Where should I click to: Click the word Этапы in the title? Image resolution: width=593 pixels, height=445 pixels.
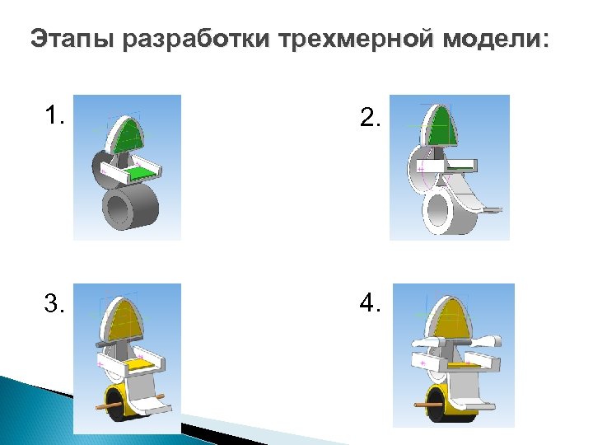click(72, 39)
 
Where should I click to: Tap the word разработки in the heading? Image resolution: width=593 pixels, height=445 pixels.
click(196, 40)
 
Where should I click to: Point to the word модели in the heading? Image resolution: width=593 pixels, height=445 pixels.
click(490, 40)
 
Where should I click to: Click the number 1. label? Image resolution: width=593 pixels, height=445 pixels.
click(54, 115)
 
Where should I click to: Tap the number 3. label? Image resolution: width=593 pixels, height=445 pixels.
click(54, 303)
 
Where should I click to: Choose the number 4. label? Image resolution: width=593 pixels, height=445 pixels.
click(371, 303)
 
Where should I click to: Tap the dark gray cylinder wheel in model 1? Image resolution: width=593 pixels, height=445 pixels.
click(130, 208)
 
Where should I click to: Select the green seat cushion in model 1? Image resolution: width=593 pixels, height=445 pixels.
click(141, 174)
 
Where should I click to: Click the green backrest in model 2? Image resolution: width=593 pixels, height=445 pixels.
click(442, 126)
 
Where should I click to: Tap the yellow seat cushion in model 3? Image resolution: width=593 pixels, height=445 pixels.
click(140, 364)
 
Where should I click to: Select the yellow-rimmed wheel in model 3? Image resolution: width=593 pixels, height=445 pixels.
click(120, 403)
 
